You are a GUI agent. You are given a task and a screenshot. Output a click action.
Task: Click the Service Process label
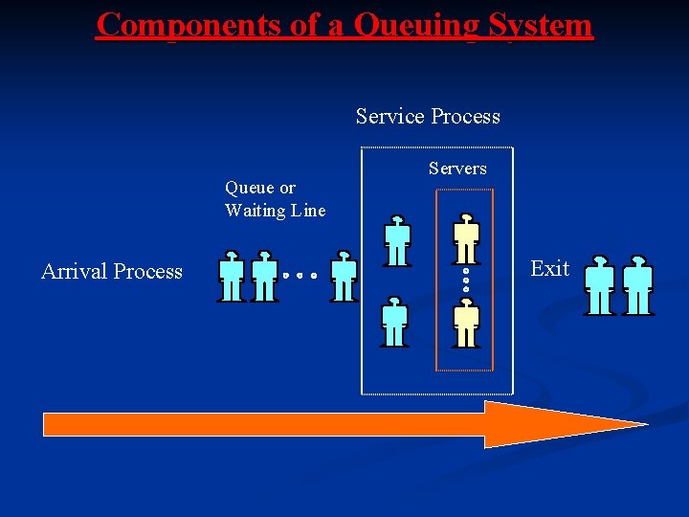tap(428, 117)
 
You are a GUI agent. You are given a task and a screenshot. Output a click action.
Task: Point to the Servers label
tap(457, 169)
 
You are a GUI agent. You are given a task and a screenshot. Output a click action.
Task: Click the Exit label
tap(550, 269)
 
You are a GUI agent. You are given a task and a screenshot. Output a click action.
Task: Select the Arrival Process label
tap(112, 272)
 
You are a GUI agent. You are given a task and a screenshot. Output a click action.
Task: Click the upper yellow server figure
tap(466, 238)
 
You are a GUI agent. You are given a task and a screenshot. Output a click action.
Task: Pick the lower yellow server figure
tap(466, 323)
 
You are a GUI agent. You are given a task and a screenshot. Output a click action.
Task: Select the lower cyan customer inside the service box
tap(394, 322)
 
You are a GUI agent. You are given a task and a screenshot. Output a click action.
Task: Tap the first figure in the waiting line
tap(231, 278)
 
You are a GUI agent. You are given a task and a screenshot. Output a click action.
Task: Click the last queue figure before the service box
tap(344, 278)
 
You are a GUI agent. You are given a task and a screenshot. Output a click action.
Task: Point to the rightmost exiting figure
tap(637, 285)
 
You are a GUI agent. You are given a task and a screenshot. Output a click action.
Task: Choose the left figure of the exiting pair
tap(600, 285)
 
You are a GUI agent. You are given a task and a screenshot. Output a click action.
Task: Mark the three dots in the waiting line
tap(300, 276)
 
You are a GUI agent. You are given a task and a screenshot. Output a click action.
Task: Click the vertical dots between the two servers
tap(466, 280)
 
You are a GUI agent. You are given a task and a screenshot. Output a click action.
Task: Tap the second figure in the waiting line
tap(264, 278)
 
